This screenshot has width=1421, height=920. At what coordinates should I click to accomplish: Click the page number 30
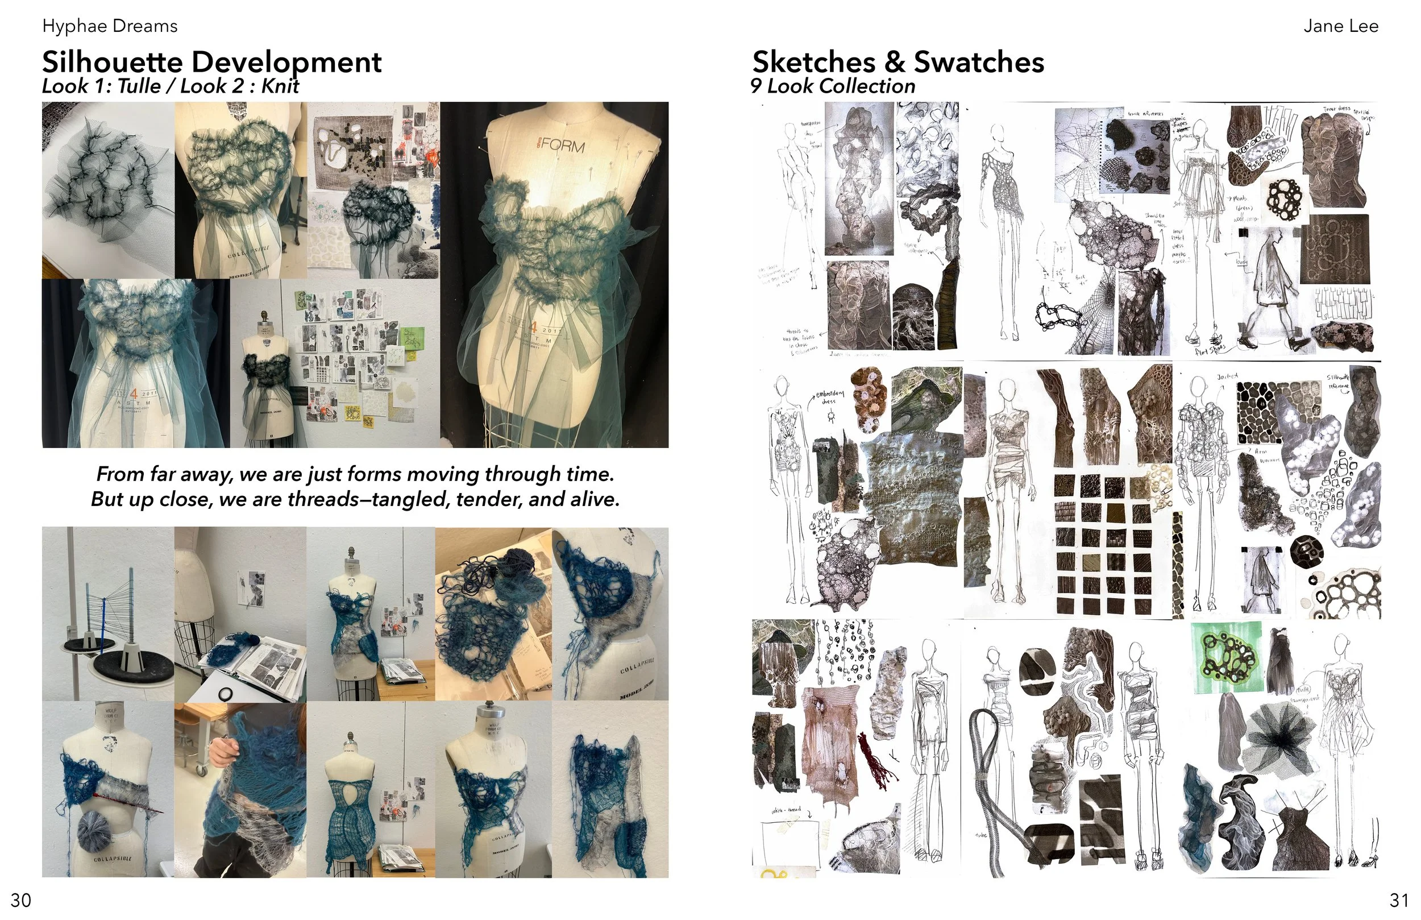pos(21,900)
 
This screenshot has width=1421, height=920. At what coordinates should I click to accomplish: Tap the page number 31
pos(1399,900)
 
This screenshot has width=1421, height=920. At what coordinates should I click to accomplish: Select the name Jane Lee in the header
pos(1340,26)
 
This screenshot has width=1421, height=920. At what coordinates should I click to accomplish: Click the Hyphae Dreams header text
pos(110,26)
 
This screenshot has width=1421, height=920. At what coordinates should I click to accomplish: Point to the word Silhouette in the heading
pos(112,62)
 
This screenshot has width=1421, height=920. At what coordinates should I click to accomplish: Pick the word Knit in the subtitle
pos(280,86)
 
